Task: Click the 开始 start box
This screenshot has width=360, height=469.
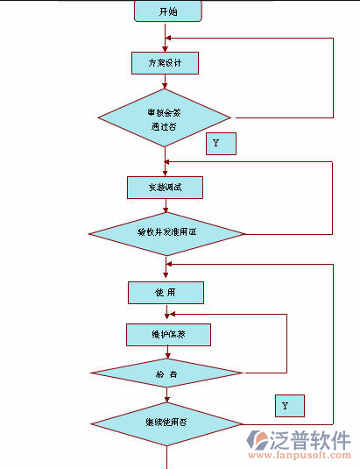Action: tap(167, 11)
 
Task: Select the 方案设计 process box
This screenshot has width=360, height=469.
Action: tap(165, 63)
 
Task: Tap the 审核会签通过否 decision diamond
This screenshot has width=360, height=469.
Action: tap(165, 117)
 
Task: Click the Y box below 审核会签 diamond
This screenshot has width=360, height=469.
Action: tap(221, 143)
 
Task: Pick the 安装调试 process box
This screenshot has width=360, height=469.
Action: tap(165, 187)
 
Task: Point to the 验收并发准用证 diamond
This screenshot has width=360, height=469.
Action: tap(165, 233)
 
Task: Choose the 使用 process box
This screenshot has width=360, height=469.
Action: tap(165, 292)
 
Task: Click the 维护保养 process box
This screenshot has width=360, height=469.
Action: tap(167, 334)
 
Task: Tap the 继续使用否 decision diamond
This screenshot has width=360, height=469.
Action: tap(166, 423)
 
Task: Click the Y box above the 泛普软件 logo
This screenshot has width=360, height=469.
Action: tap(288, 406)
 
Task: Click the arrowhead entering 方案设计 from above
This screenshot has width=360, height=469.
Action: tap(165, 49)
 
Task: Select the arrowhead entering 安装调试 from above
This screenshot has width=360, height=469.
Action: tap(165, 173)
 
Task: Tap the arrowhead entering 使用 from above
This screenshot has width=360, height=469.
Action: tap(165, 277)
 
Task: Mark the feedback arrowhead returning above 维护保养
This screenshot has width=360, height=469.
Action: tap(173, 314)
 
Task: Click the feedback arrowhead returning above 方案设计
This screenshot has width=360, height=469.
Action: tap(170, 39)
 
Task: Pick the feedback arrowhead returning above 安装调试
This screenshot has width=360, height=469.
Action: tap(170, 161)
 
